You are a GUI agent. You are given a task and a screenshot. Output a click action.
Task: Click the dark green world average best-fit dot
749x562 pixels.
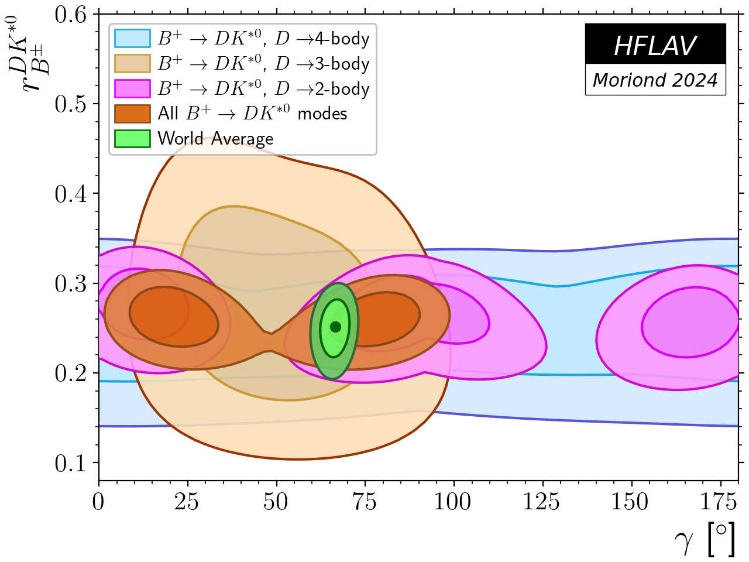tap(335, 327)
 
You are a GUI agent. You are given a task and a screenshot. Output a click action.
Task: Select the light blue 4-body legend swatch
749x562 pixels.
tap(132, 39)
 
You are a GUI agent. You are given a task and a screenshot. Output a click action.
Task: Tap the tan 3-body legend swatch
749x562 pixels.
tap(132, 63)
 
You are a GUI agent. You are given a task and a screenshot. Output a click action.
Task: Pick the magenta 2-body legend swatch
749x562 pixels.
tap(132, 88)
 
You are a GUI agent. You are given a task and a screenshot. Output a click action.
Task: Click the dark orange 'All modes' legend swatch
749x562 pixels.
tap(132, 114)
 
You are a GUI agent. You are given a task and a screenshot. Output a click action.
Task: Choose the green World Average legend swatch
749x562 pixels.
tap(132, 139)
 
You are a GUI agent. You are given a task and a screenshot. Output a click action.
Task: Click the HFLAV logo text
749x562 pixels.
tap(655, 46)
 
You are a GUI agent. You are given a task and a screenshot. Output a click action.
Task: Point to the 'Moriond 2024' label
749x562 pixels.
tap(655, 80)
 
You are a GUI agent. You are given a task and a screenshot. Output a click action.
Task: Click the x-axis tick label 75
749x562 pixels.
tap(365, 502)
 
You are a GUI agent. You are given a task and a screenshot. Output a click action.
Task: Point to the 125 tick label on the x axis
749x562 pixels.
tap(542, 502)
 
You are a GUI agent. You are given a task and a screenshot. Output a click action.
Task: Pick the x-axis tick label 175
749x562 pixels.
tap(720, 502)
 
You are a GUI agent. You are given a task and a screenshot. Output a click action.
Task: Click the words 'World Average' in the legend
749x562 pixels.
tap(215, 139)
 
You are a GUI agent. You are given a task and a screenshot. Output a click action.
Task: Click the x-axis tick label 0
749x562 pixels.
tap(99, 502)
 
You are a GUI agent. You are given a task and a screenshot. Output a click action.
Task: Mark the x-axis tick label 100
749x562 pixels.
tap(453, 502)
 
